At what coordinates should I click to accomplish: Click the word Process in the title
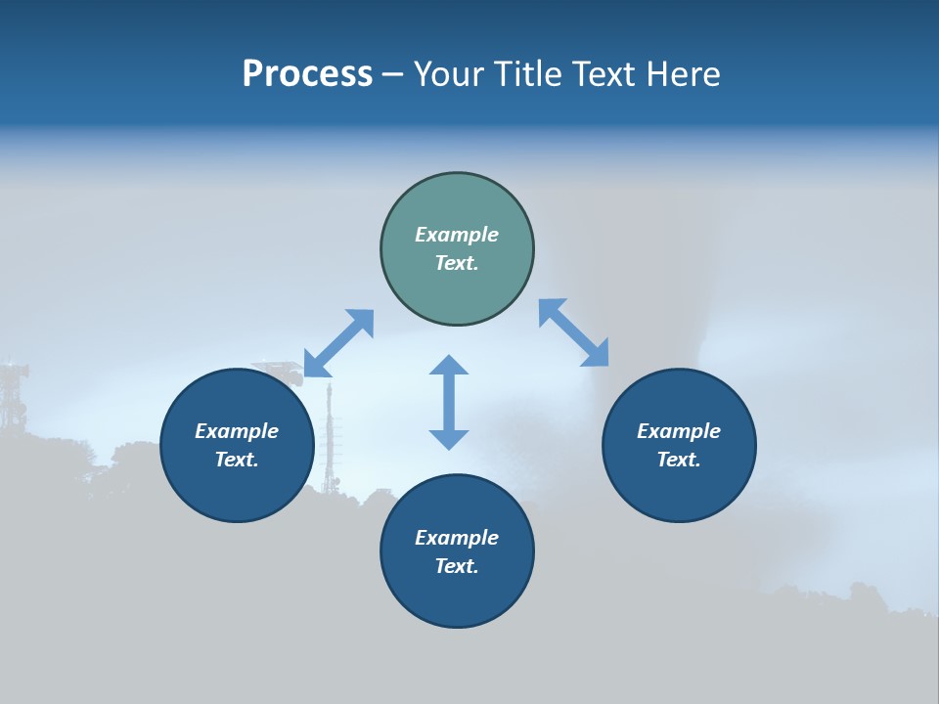click(x=307, y=74)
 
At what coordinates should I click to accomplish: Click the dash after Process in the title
click(x=392, y=75)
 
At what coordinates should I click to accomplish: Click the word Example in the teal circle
click(x=457, y=235)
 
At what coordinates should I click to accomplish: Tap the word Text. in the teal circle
click(x=457, y=263)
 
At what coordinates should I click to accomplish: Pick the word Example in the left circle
click(x=237, y=431)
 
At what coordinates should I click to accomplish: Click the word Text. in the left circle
click(x=237, y=460)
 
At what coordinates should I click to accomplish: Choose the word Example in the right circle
click(x=679, y=431)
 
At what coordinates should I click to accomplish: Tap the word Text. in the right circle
click(x=679, y=460)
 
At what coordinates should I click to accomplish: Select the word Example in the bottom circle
click(x=457, y=538)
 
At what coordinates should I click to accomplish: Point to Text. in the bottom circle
click(x=457, y=566)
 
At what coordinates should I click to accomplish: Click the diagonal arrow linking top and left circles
click(x=338, y=343)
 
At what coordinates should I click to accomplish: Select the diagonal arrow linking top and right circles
click(x=573, y=332)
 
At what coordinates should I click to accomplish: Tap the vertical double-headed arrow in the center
click(x=449, y=402)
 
